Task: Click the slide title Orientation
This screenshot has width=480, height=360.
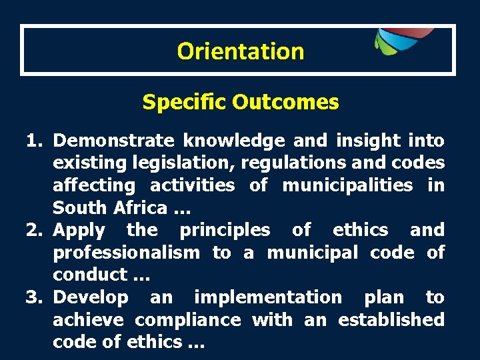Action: (241, 51)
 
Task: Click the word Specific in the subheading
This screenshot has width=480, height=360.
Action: (185, 102)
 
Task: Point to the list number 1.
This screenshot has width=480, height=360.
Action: (35, 140)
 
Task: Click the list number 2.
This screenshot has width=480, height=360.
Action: (35, 230)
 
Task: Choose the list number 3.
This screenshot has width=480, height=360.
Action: (35, 297)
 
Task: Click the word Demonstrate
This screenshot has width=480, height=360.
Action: (113, 140)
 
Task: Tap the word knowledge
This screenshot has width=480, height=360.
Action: (233, 140)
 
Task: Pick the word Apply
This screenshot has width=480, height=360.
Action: (79, 230)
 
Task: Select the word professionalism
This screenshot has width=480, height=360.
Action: (126, 253)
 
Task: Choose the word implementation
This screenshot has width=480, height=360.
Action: (267, 297)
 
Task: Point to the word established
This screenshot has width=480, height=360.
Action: (391, 320)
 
